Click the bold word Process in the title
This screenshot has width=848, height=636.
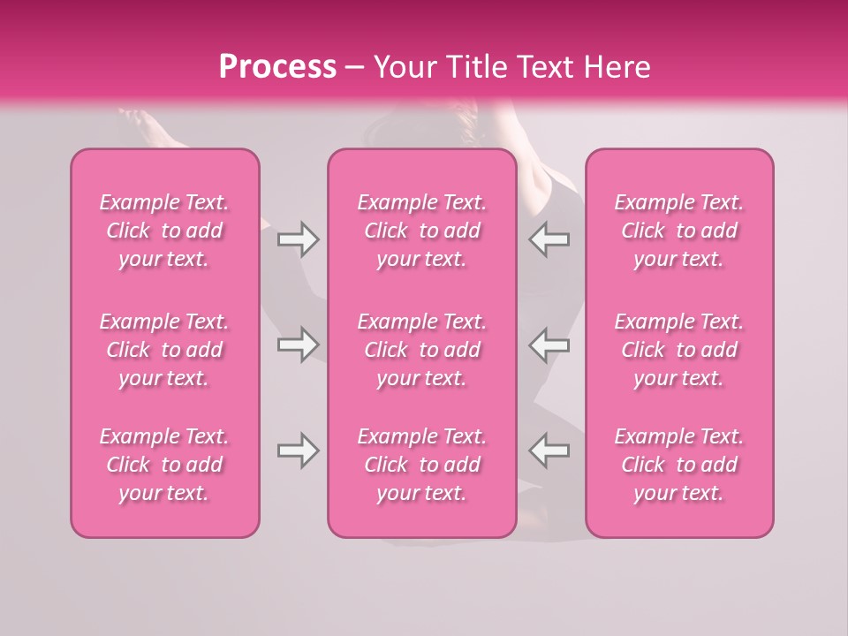click(277, 67)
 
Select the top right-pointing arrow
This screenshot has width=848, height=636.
click(298, 239)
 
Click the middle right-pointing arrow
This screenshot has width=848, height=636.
click(298, 344)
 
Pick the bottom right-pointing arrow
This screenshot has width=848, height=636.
click(298, 450)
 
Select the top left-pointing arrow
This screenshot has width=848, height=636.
click(549, 239)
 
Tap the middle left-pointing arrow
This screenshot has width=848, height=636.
click(549, 344)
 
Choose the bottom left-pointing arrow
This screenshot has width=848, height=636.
click(549, 450)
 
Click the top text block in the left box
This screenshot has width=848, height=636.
click(164, 231)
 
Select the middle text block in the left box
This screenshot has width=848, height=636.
click(164, 350)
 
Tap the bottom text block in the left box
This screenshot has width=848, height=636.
click(164, 465)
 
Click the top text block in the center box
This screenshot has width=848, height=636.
click(421, 231)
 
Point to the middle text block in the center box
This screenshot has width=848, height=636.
click(421, 350)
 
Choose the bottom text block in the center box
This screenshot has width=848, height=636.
click(421, 465)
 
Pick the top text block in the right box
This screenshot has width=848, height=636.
click(678, 231)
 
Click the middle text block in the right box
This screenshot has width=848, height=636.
click(678, 350)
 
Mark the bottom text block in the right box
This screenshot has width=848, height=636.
click(678, 465)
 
